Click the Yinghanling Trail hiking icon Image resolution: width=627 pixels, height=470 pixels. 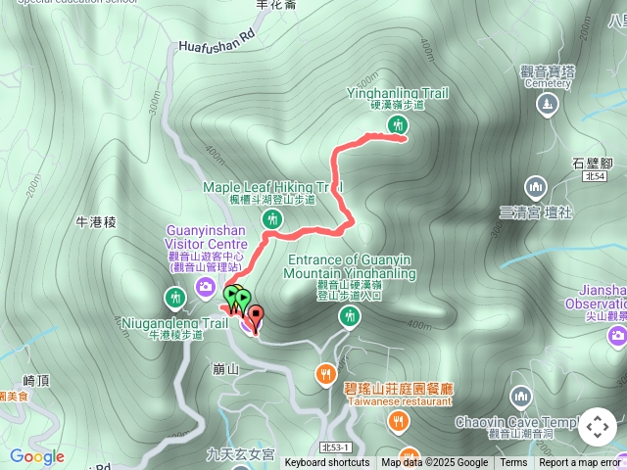pyautogui.click(x=397, y=124)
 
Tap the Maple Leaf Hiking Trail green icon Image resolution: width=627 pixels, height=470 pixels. pyautogui.click(x=274, y=220)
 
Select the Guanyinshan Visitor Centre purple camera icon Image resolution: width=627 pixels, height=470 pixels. pyautogui.click(x=205, y=286)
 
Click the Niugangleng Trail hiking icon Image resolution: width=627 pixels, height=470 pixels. pyautogui.click(x=175, y=297)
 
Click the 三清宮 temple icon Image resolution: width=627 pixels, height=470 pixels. pyautogui.click(x=535, y=186)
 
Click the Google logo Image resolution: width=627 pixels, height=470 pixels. pyautogui.click(x=37, y=456)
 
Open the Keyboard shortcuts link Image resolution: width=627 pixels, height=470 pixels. pyautogui.click(x=327, y=463)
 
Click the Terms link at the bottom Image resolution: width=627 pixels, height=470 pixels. pyautogui.click(x=513, y=463)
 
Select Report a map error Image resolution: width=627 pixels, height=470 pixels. pyautogui.click(x=580, y=463)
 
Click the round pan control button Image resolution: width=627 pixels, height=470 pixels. pyautogui.click(x=597, y=427)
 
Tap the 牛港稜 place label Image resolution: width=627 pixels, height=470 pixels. pyautogui.click(x=96, y=222)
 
